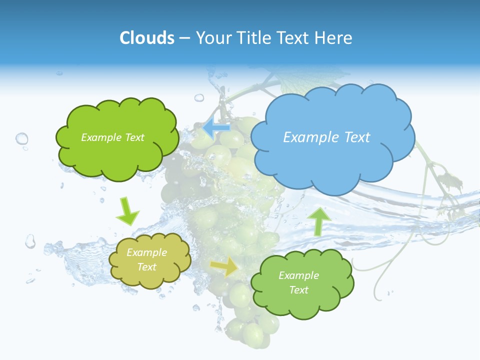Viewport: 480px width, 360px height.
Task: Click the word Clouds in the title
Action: (146, 38)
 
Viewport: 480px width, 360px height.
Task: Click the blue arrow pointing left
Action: (216, 129)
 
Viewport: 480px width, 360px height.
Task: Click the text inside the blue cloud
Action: (326, 137)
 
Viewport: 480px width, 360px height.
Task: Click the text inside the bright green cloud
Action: (112, 137)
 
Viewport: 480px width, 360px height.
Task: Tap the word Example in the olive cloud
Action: (146, 253)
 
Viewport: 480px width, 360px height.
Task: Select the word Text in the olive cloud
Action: (147, 267)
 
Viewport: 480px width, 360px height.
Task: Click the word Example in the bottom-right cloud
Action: (298, 275)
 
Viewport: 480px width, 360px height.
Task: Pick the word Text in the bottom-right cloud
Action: (298, 290)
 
